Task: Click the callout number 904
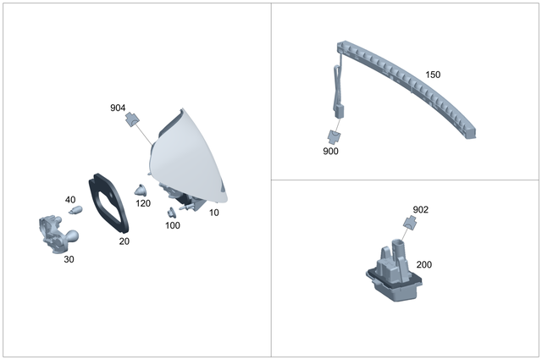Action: (118, 108)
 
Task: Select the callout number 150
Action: (432, 75)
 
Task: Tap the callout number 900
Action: (330, 151)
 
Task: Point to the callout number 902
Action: (420, 209)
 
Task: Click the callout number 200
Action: (423, 264)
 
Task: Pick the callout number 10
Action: (213, 213)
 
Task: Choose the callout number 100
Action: (172, 225)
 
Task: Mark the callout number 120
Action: (143, 204)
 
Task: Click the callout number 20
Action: (124, 241)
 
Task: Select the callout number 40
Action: (70, 199)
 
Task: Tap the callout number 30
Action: (69, 259)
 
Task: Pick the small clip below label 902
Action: (412, 224)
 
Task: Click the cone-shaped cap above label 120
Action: (141, 188)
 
